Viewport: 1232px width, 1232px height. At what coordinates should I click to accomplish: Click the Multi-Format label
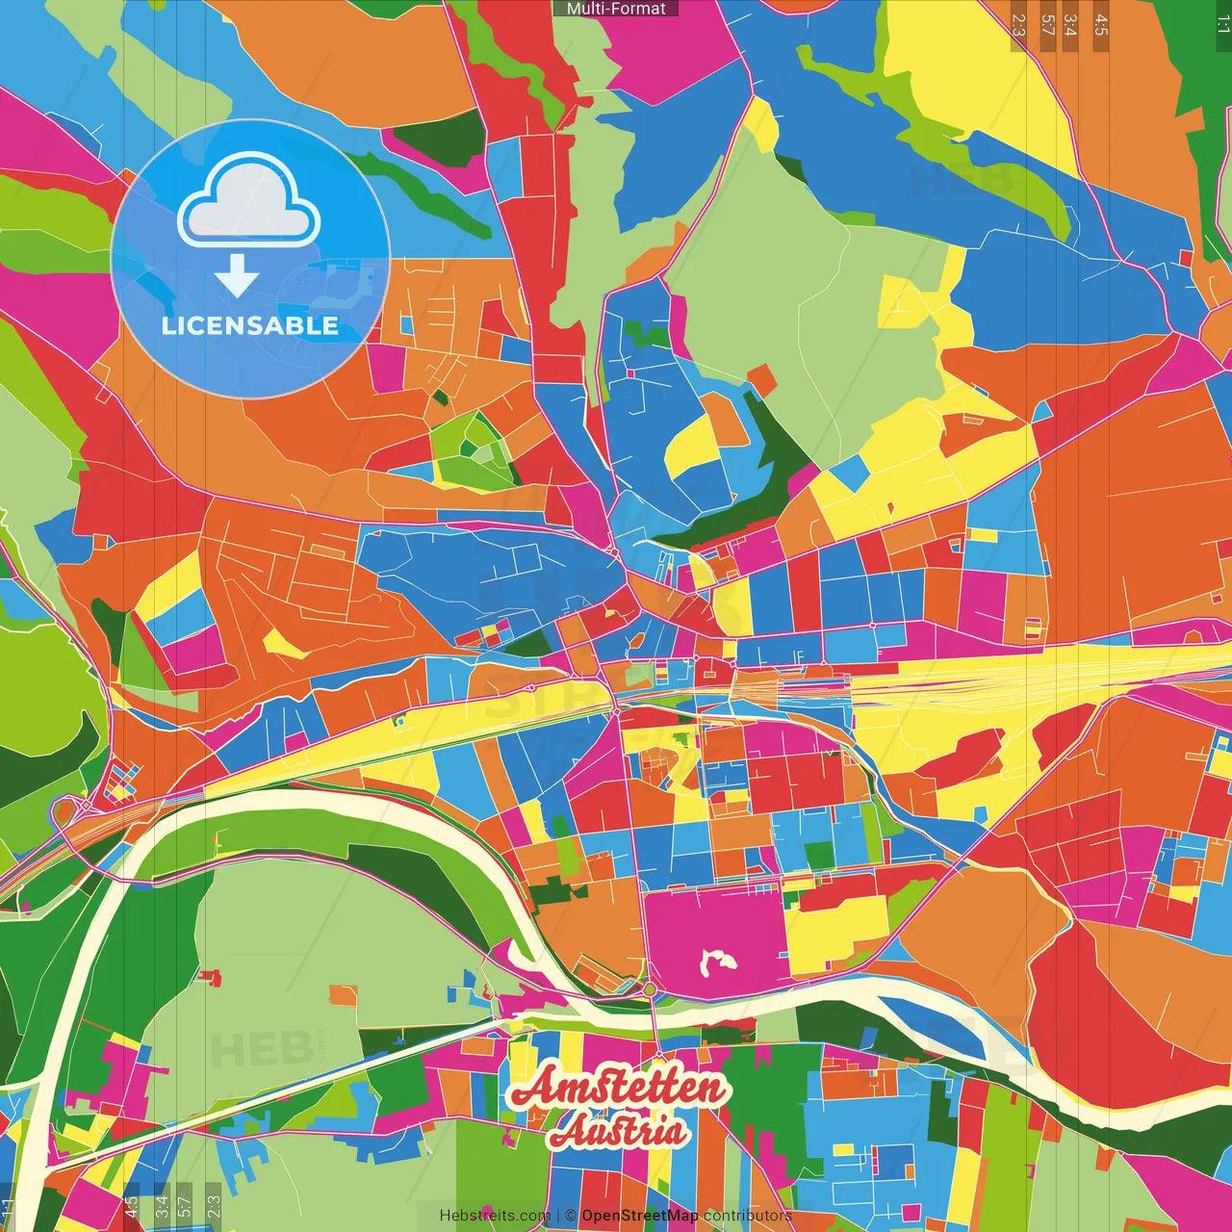click(616, 9)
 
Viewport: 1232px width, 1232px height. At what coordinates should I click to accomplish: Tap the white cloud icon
click(248, 203)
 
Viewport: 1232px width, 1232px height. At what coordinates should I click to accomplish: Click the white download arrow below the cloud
click(237, 276)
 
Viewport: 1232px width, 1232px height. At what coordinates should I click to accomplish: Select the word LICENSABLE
click(250, 326)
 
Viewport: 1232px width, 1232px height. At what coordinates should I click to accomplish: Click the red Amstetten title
click(618, 1088)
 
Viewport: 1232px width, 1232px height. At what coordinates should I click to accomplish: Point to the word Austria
click(619, 1132)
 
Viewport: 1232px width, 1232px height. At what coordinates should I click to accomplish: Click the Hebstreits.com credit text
click(495, 1216)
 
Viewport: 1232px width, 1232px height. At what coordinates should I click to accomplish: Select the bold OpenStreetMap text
click(640, 1216)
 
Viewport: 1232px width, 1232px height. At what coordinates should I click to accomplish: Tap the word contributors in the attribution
click(748, 1216)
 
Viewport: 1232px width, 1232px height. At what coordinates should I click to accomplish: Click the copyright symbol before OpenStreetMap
click(571, 1216)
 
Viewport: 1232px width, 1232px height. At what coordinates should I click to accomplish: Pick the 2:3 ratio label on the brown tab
click(1018, 25)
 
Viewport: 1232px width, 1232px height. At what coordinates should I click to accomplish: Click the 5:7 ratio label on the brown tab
click(1047, 25)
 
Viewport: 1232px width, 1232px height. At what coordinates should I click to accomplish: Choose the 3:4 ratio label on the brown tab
click(1070, 25)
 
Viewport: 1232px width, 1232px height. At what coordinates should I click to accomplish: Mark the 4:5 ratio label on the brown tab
click(1101, 25)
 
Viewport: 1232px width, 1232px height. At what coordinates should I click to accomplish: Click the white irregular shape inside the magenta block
click(714, 962)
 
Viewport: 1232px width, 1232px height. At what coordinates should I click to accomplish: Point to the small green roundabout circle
click(650, 989)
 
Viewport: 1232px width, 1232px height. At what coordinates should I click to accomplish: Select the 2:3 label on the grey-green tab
click(213, 1205)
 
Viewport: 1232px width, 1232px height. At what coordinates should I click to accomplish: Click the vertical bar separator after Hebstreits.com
click(558, 1216)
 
